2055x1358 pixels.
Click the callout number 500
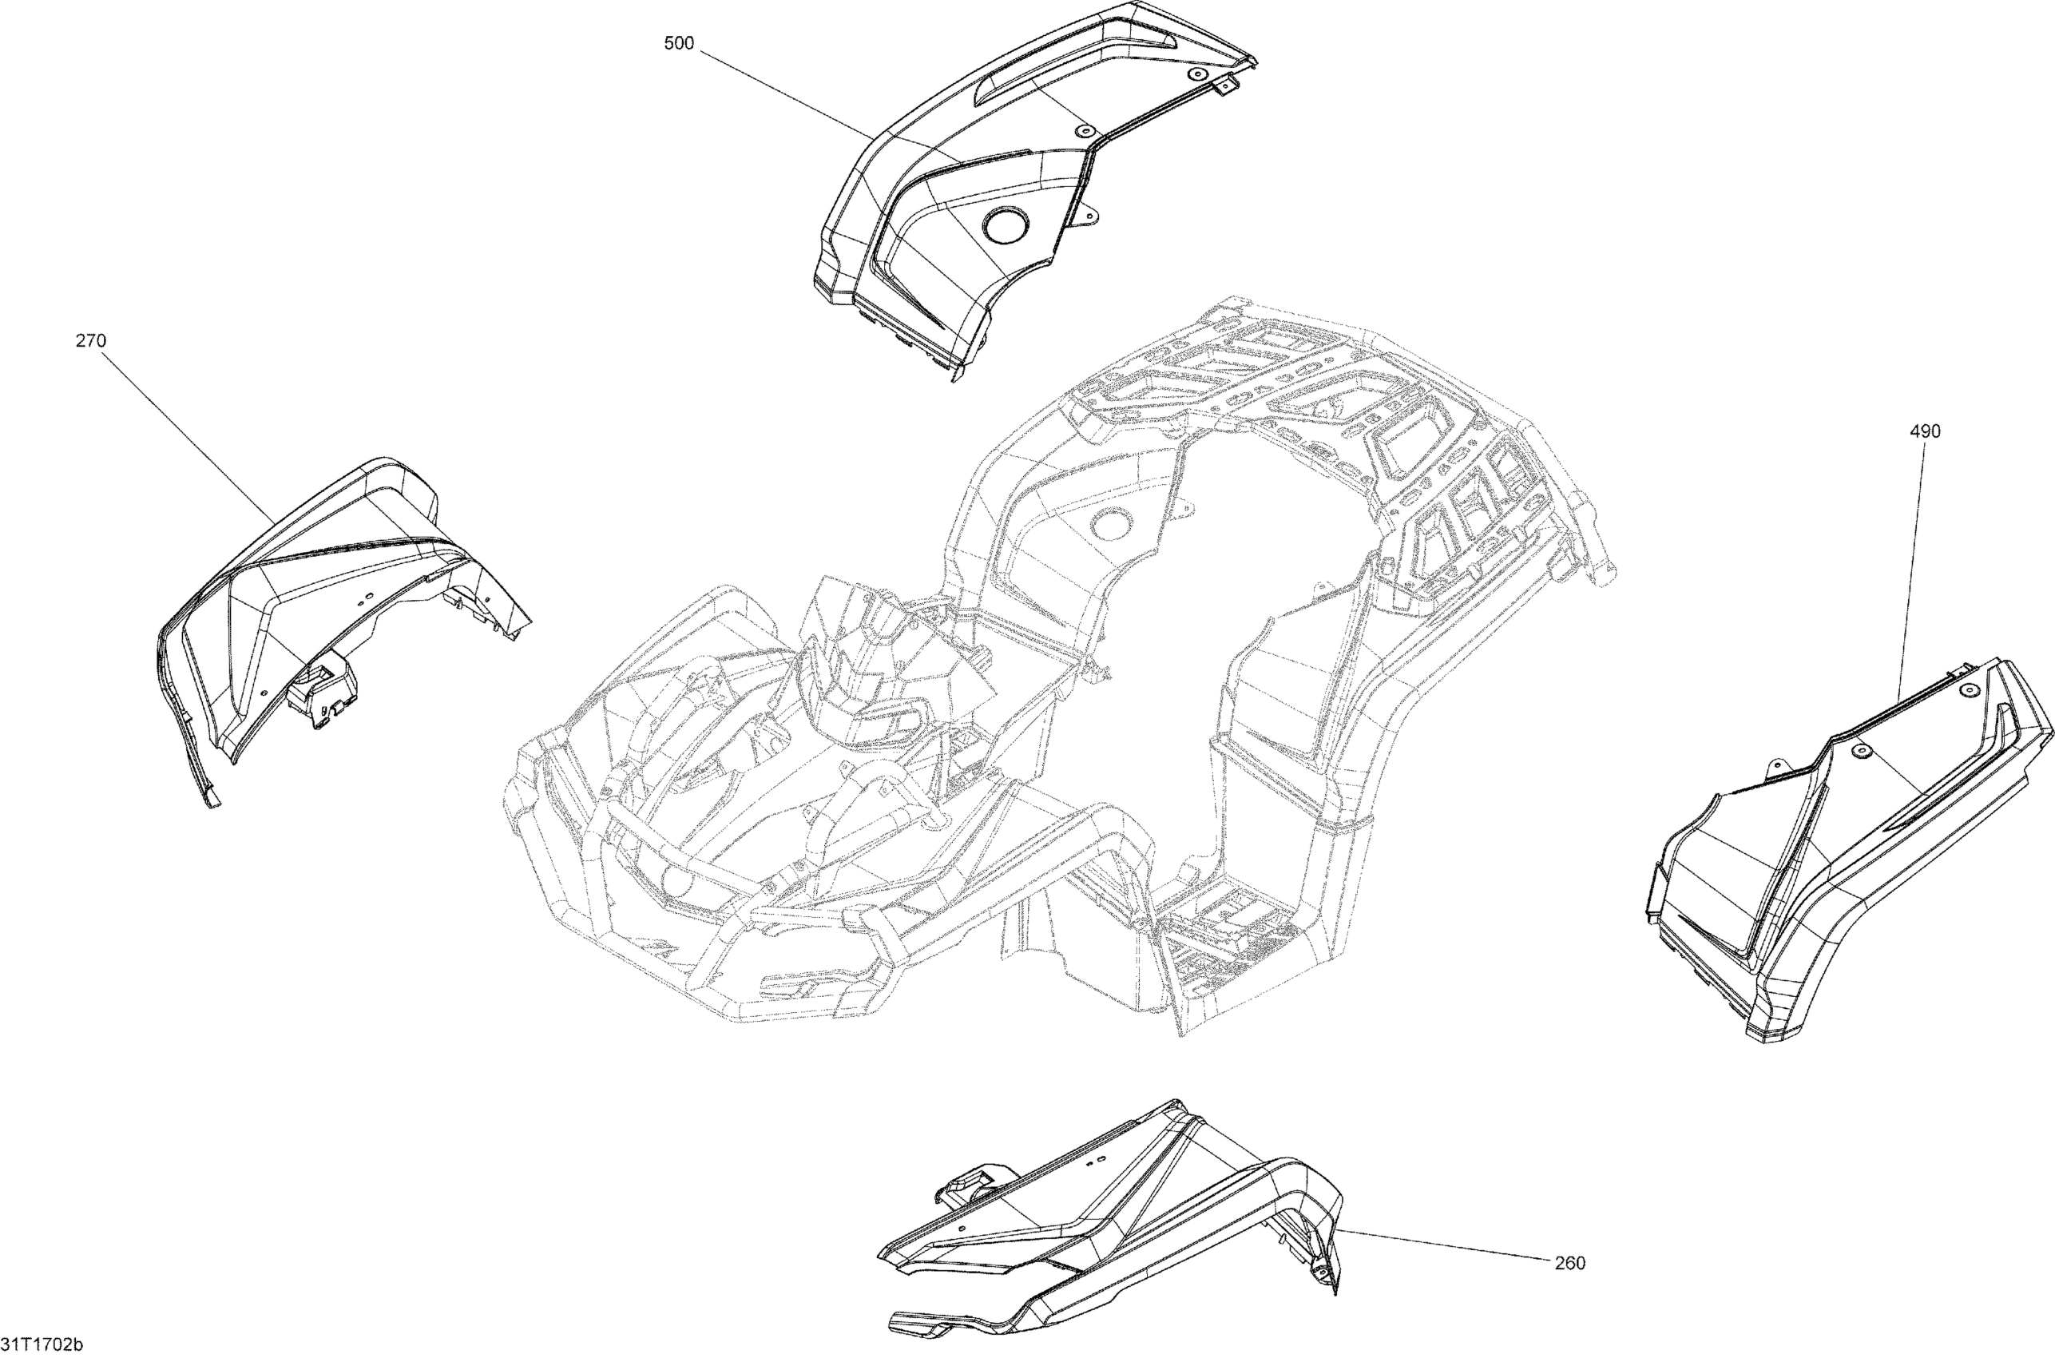(679, 43)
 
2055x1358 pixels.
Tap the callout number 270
(91, 341)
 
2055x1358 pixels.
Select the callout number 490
(1925, 431)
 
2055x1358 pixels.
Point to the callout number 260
(1570, 1264)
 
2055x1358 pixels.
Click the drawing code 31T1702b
(42, 1345)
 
